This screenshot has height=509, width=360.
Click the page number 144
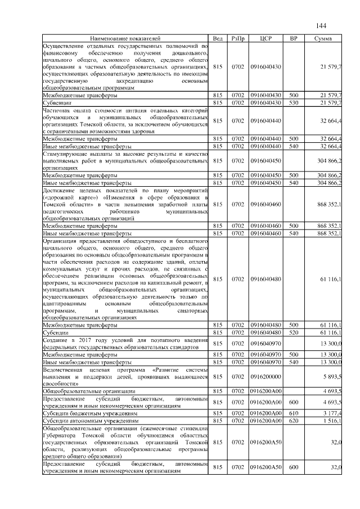[321, 26]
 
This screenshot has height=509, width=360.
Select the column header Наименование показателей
[125, 38]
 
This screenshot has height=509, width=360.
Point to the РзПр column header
[237, 38]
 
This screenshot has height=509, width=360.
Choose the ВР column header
[293, 38]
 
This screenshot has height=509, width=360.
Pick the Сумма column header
[323, 38]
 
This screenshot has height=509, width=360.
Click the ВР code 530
[293, 103]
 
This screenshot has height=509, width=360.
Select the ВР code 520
[293, 332]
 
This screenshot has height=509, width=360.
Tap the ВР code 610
[293, 413]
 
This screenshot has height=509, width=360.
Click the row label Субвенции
[57, 103]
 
